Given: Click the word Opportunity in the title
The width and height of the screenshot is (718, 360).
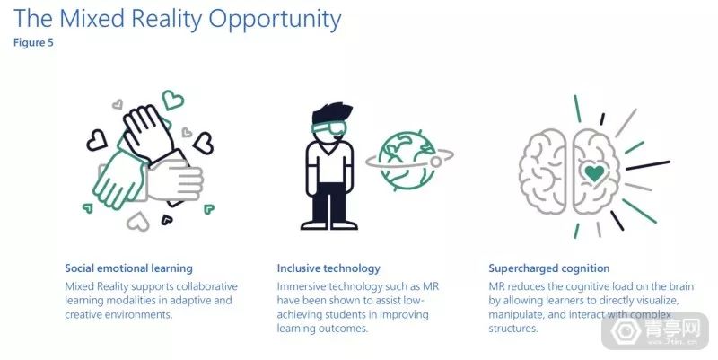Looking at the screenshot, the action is (x=275, y=20).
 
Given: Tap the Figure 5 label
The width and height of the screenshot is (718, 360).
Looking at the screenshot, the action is (x=33, y=42).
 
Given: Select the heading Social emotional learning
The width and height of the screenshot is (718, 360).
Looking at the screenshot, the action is (x=128, y=268).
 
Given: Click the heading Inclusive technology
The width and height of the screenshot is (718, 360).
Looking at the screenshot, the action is (x=328, y=268).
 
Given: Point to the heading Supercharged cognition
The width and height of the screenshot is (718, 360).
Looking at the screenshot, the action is (x=549, y=268).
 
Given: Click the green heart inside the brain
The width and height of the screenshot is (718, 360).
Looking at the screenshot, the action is (x=594, y=173).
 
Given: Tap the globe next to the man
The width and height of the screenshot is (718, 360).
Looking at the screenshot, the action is (x=406, y=161).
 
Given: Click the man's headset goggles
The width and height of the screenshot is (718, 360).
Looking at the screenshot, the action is (x=328, y=127).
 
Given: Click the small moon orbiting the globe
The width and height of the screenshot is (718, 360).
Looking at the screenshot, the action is (x=436, y=162).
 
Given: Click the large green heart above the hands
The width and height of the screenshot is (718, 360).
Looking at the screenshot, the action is (x=172, y=100).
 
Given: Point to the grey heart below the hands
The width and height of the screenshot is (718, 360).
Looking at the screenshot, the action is (x=138, y=222).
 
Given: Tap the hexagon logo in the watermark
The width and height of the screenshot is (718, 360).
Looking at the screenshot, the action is (x=626, y=330).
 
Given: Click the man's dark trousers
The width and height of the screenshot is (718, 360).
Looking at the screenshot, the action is (x=328, y=202).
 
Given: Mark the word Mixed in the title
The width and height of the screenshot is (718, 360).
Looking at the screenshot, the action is (x=92, y=19).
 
